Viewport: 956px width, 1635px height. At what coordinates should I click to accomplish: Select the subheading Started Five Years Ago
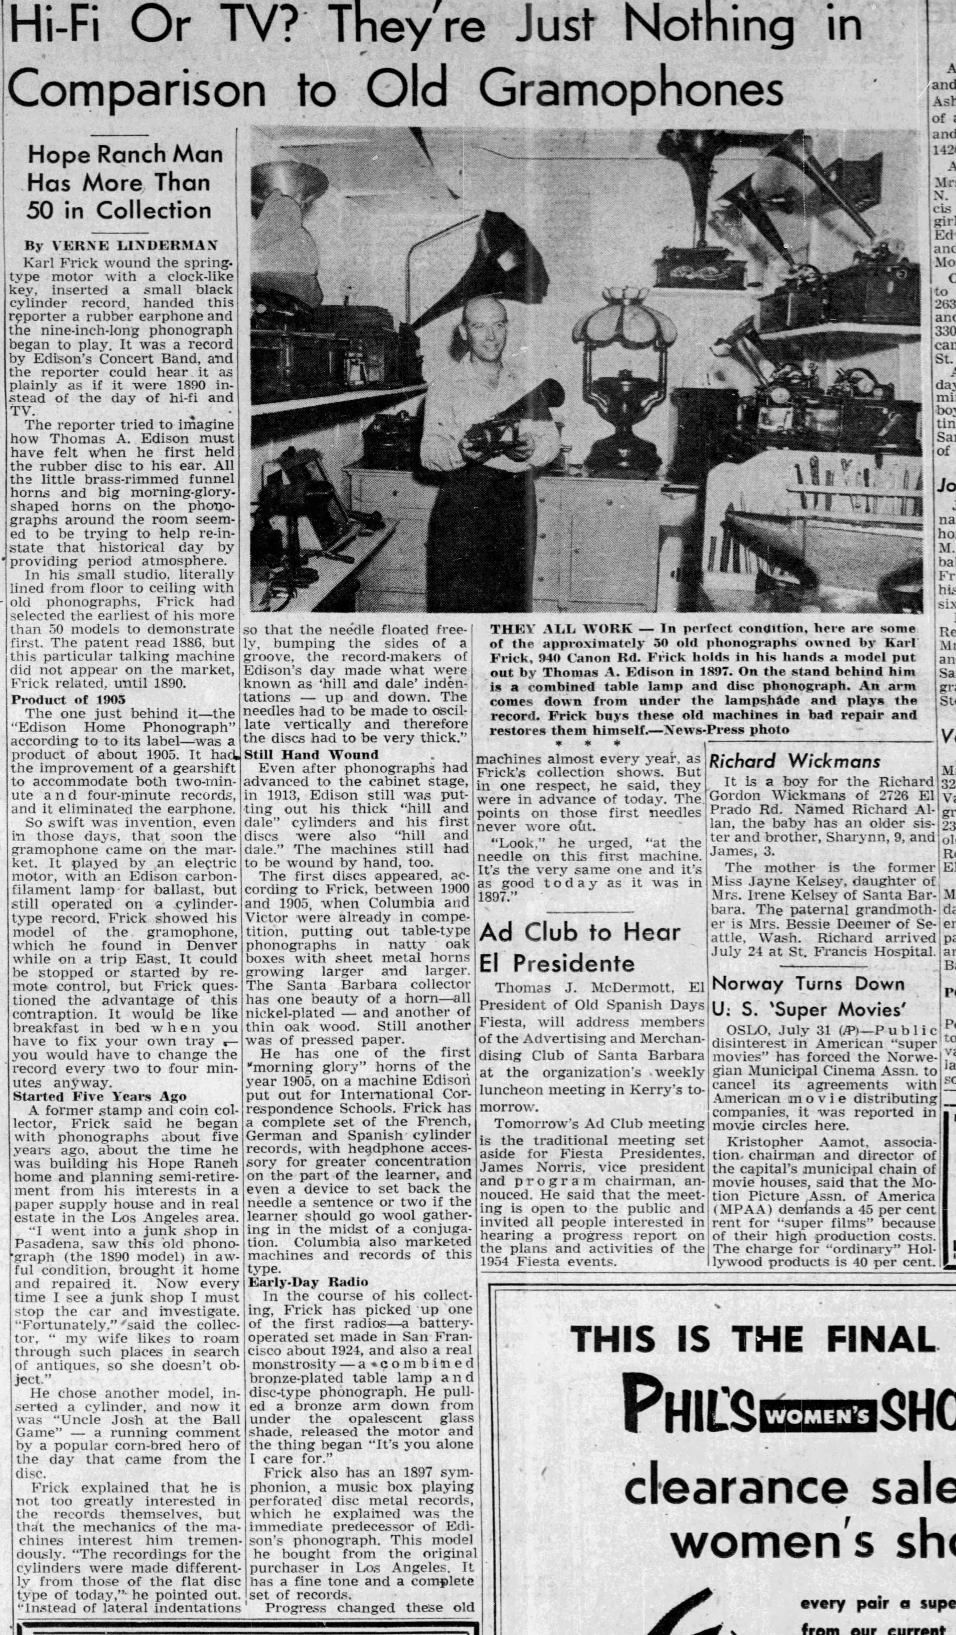(99, 1097)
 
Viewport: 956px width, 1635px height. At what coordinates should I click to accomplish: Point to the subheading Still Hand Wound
(311, 754)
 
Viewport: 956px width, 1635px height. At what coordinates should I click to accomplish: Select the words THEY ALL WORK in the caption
(561, 628)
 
